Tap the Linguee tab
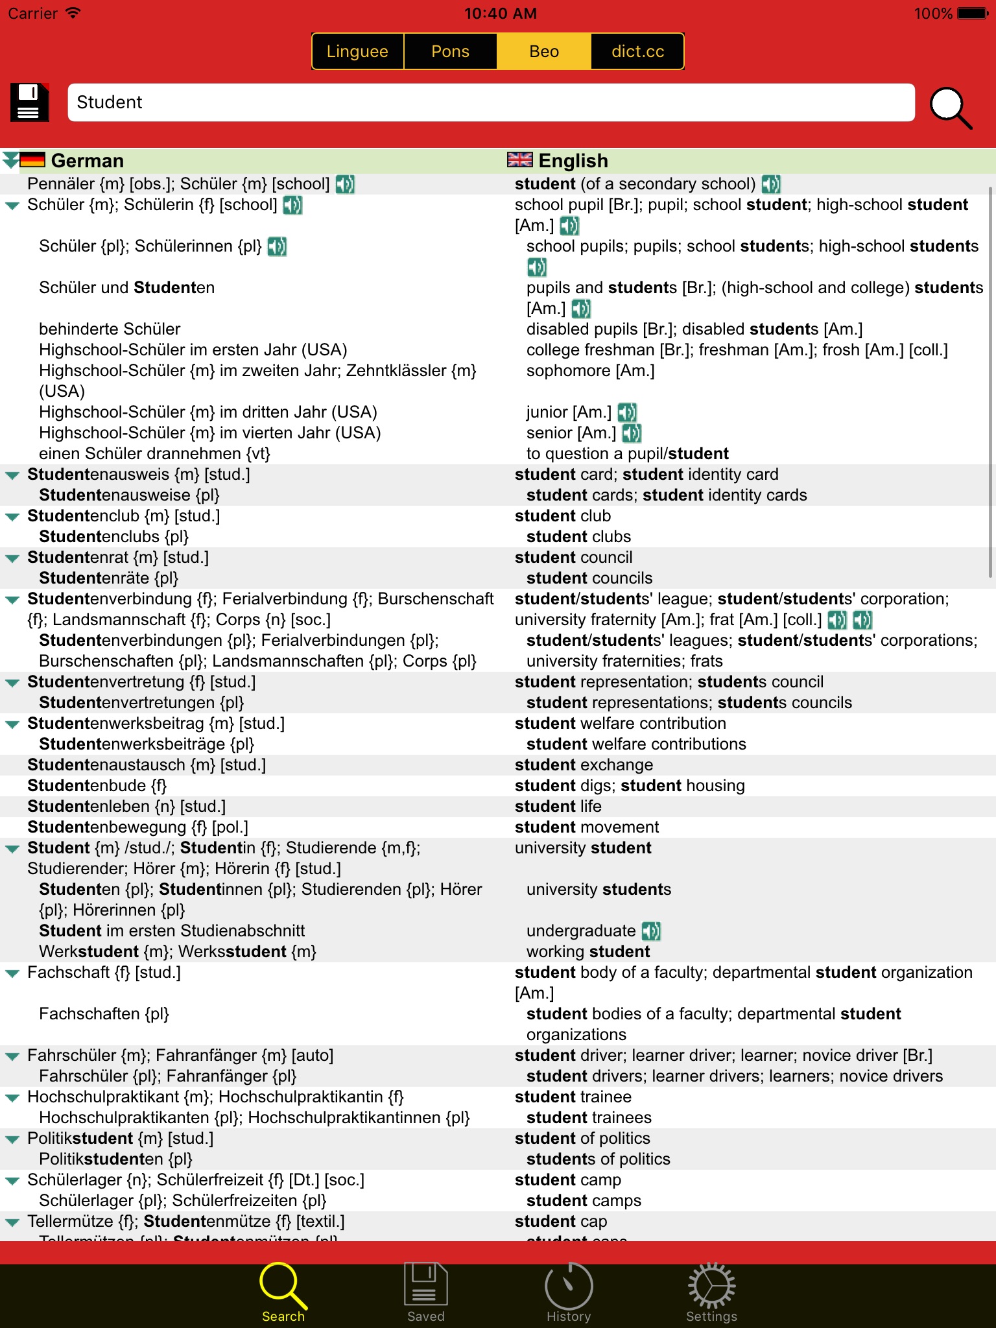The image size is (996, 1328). pyautogui.click(x=357, y=51)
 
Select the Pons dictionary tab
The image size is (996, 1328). pyautogui.click(x=450, y=51)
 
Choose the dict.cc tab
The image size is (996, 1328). pyautogui.click(x=637, y=51)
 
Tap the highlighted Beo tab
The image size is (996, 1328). pyautogui.click(x=543, y=51)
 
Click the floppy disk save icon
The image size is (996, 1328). pyautogui.click(x=30, y=102)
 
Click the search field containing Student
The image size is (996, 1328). pyautogui.click(x=491, y=102)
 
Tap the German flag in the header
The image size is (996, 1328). pyautogui.click(x=32, y=160)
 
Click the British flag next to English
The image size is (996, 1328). pyautogui.click(x=519, y=160)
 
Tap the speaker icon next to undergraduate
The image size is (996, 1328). pyautogui.click(x=651, y=931)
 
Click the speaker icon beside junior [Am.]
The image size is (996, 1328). pyautogui.click(x=627, y=412)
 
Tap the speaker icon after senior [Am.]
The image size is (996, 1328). pyautogui.click(x=632, y=433)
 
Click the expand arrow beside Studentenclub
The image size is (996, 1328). pyautogui.click(x=12, y=517)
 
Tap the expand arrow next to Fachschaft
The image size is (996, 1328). pyautogui.click(x=12, y=973)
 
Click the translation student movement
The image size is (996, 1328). pyautogui.click(x=586, y=827)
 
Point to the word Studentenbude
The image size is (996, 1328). pyautogui.click(x=97, y=786)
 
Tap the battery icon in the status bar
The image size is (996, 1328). pyautogui.click(x=973, y=14)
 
